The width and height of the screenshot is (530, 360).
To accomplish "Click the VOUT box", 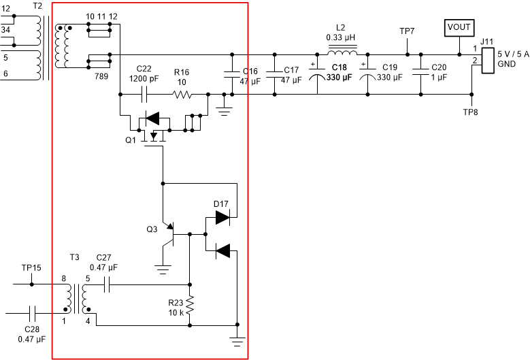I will click(457, 28).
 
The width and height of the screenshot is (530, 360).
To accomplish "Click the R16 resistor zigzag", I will click(182, 96).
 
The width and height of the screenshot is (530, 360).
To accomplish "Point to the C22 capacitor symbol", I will click(144, 96).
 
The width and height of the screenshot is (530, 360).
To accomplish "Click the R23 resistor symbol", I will click(190, 304).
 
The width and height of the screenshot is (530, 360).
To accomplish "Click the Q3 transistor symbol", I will click(170, 235).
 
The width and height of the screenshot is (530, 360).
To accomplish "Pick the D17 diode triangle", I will click(222, 217).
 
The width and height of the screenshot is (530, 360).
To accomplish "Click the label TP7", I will click(408, 31).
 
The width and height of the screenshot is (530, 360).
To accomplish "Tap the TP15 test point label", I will click(31, 267).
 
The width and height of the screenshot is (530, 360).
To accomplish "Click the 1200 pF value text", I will click(144, 78).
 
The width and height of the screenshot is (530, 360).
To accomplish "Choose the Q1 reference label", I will click(131, 140).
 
